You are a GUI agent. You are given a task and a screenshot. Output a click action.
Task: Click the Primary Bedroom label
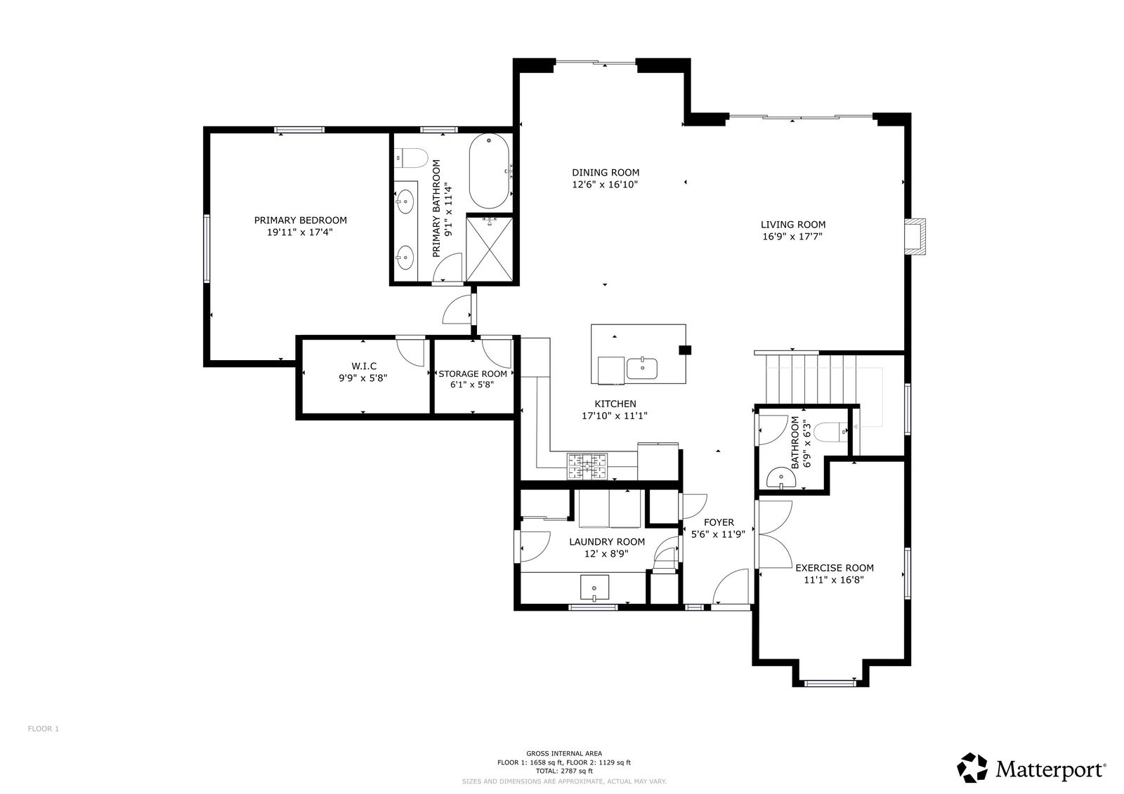point(300,220)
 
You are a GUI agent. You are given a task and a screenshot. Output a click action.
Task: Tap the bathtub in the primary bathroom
point(489,171)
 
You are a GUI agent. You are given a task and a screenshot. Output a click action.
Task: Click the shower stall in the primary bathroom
point(489,249)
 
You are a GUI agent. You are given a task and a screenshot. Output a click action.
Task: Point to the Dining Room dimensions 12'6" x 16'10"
point(605,185)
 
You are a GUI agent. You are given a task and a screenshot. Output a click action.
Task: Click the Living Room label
point(793,225)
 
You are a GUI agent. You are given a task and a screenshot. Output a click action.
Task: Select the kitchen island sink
point(642,369)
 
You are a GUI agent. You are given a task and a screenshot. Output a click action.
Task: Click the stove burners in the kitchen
point(587,466)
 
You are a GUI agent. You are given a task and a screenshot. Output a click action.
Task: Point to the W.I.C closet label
point(364,366)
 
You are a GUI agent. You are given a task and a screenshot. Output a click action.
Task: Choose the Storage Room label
point(473,374)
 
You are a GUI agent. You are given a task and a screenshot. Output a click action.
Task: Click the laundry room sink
point(594,588)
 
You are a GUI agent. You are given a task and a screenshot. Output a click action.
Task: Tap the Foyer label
point(719,522)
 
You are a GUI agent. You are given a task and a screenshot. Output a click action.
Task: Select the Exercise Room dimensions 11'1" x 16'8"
point(834,581)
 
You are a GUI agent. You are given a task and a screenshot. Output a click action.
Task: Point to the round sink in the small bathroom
point(781,478)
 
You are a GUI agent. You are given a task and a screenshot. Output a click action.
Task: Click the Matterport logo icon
point(972,768)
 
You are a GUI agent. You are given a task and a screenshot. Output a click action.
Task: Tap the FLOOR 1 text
point(43,729)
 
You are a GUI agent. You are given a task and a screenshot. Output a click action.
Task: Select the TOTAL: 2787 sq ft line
point(564,772)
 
